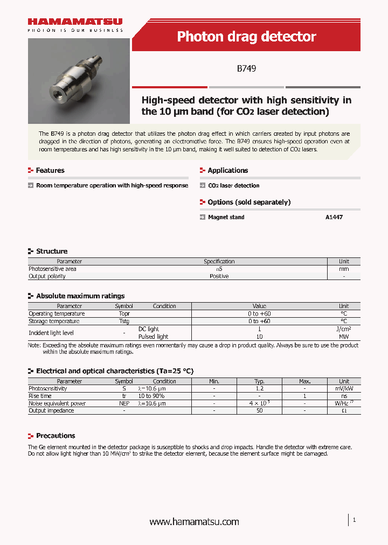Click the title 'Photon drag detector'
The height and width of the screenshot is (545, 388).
coord(246,37)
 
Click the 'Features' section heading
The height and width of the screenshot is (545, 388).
coord(50,171)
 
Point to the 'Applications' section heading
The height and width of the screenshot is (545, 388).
coord(227,171)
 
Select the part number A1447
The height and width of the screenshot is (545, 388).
coord(334,218)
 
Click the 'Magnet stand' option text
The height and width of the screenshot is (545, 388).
coord(226,218)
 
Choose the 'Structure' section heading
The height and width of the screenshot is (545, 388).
coord(52,251)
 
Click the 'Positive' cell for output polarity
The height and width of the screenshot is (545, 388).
coord(219,276)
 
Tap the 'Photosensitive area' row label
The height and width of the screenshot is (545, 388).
coord(52,269)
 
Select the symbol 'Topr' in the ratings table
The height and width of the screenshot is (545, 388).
coord(124,313)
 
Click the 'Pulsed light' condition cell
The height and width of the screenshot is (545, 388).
coord(153,337)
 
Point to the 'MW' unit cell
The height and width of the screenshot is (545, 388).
coord(344,337)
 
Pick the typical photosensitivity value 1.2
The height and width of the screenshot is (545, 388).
coord(259,388)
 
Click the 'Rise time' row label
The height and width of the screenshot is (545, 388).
coord(41,396)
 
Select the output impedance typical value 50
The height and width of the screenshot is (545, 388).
coord(259,410)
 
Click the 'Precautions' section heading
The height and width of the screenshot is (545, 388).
coord(56,436)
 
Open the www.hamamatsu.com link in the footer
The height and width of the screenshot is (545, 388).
coord(194,522)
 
